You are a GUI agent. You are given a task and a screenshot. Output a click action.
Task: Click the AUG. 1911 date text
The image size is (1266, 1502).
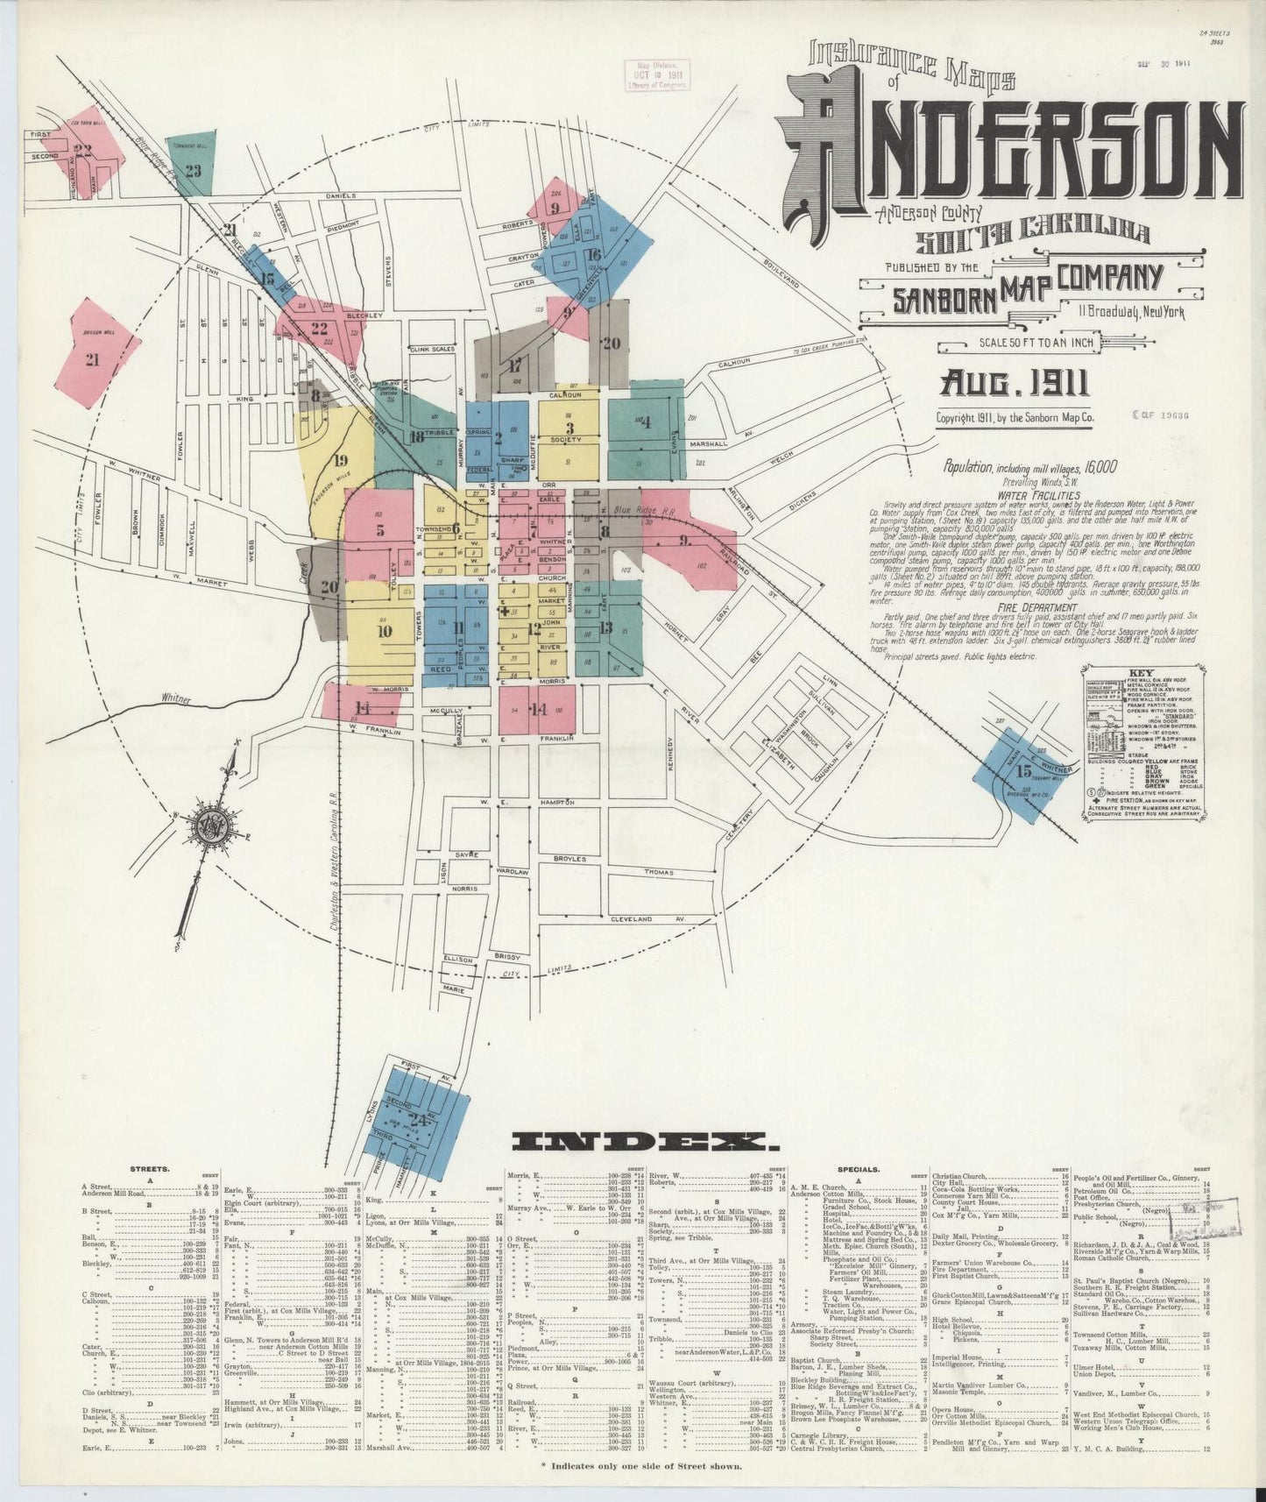coord(1015,383)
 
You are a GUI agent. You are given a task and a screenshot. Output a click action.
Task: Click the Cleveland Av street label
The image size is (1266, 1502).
coord(644,918)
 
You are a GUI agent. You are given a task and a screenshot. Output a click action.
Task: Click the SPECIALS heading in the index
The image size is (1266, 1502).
coord(859,1169)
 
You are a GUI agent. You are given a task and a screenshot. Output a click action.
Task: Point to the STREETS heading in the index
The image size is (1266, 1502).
coord(151,1169)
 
